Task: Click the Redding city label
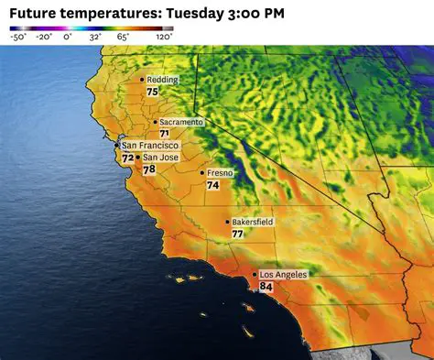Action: tap(163, 80)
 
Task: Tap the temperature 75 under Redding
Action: tap(152, 92)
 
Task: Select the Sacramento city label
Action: tap(180, 122)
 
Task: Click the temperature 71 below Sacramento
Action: tap(164, 134)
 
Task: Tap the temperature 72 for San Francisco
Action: tap(127, 158)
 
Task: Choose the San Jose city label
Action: tap(160, 158)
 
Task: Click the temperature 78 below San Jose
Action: tap(148, 169)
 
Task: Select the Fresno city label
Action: tap(220, 172)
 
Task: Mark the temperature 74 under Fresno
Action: tap(212, 184)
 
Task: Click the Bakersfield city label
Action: tap(252, 222)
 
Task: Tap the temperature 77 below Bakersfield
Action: tap(237, 234)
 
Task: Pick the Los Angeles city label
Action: tap(283, 275)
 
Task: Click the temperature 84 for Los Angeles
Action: tap(266, 287)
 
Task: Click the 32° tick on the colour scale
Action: tap(95, 38)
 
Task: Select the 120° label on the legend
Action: tap(164, 38)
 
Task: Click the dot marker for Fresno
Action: tap(202, 172)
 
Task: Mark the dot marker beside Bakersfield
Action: tap(227, 222)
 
